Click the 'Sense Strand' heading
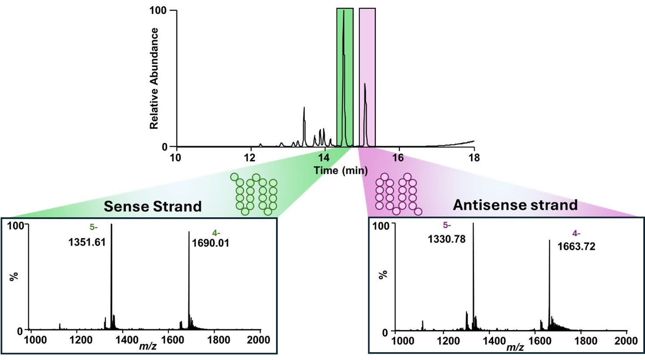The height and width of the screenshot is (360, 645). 152,206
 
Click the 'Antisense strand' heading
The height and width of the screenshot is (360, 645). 515,205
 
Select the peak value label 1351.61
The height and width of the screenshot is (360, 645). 87,242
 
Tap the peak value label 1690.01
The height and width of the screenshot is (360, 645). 210,243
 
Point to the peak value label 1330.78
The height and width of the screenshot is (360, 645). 447,239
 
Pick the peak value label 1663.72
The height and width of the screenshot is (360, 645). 576,247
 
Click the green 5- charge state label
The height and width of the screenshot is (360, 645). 94,227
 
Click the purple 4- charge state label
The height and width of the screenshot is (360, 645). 576,233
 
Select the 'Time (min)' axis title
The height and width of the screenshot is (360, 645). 341,170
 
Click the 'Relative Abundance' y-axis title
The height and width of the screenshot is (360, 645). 154,78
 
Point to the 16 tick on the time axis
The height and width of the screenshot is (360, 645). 398,158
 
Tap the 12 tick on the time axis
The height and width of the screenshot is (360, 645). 250,158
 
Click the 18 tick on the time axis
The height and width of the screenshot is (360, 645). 474,158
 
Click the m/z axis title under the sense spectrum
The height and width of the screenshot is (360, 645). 148,346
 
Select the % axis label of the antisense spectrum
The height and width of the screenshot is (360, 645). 383,275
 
